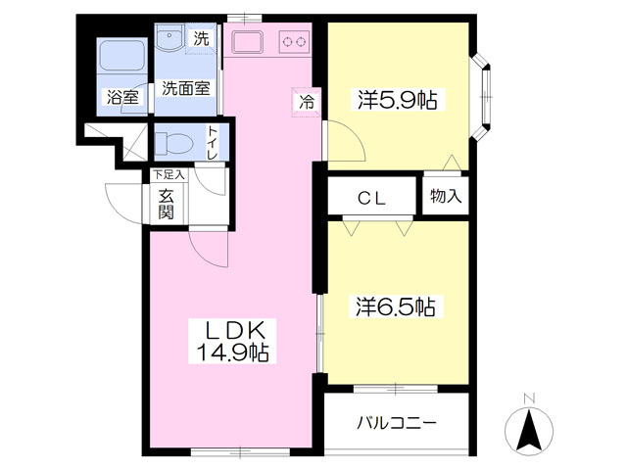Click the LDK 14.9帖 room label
pos(232,341)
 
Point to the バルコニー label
pos(396,423)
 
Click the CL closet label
pos(372,198)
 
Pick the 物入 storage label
pos(446,196)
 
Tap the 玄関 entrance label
pos(166,205)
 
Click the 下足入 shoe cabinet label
pos(169,174)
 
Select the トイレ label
pos(212,143)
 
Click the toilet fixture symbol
pos(174,143)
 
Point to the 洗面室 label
pos(186,88)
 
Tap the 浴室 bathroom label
pos(122,98)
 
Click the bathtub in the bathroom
pos(121,56)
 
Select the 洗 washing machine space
pos(201,38)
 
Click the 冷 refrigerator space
pos(307,102)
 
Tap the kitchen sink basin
pos(248,41)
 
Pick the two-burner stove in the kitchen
pos(295,41)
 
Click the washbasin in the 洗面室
pos(169,37)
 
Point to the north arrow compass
pos(529,431)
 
